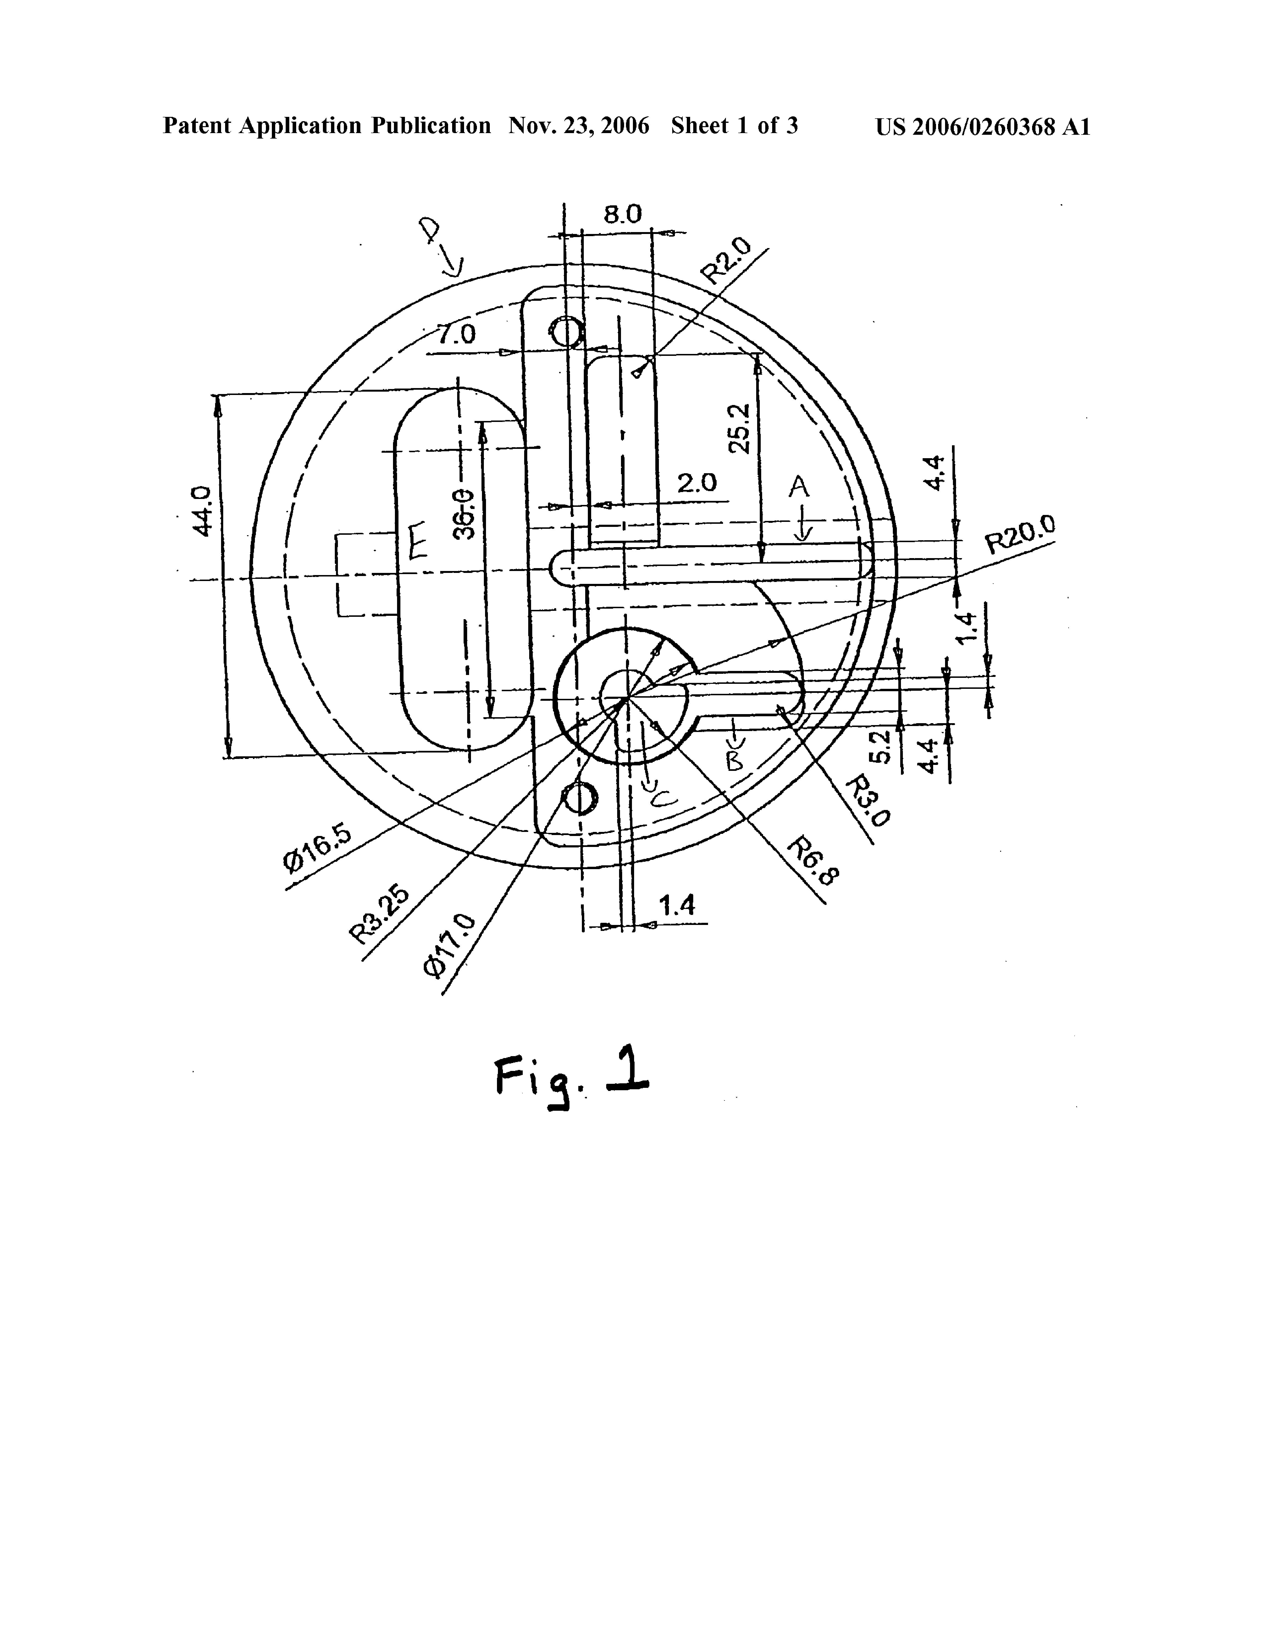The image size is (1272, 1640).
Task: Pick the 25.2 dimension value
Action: pyautogui.click(x=740, y=428)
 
